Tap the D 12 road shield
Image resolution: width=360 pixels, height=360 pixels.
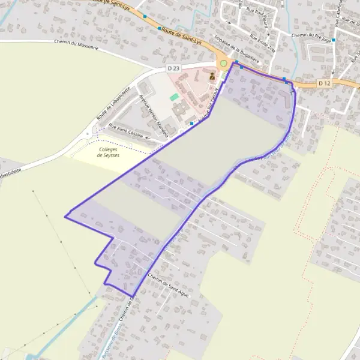pos(325,82)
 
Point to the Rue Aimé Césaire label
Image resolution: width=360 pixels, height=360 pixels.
pos(125,130)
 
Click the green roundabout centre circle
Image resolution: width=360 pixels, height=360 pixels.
pos(224,63)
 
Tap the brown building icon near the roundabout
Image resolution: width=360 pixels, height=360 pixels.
pos(212,76)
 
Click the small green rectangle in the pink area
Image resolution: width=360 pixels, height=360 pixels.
pos(175,97)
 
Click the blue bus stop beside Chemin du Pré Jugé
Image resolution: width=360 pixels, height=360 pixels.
pos(334,40)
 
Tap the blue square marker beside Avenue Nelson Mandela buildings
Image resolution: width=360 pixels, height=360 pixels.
pos(191,123)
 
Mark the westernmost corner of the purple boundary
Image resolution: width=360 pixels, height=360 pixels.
pos(65,216)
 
